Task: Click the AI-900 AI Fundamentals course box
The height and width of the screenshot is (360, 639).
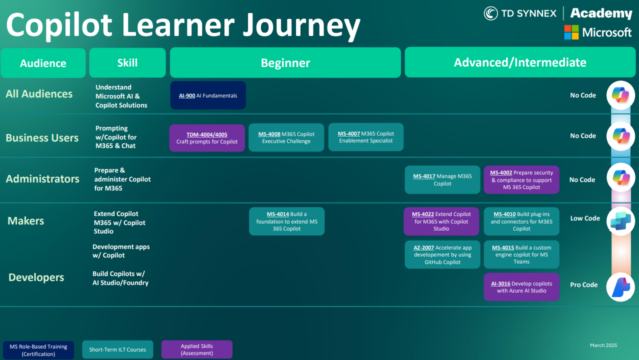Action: click(x=208, y=95)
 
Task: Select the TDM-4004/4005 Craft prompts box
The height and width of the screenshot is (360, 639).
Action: click(x=207, y=138)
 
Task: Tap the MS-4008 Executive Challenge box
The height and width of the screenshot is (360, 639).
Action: click(x=286, y=137)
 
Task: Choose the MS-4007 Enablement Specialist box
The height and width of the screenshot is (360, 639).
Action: click(x=365, y=137)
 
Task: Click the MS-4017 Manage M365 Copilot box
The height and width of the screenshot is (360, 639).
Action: click(x=442, y=179)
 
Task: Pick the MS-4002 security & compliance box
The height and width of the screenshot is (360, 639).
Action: click(x=521, y=179)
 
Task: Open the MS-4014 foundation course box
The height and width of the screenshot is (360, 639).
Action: click(x=286, y=221)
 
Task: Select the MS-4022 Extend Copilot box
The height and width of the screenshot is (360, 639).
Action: click(x=441, y=221)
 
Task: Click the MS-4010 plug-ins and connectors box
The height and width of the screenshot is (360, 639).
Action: click(x=521, y=221)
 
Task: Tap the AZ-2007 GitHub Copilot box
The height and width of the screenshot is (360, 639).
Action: click(x=442, y=254)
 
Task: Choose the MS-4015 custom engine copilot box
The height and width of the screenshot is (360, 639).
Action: click(x=521, y=254)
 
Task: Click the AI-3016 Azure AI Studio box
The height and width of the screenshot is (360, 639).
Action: click(x=521, y=287)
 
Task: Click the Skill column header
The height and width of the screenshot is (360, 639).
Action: click(x=127, y=63)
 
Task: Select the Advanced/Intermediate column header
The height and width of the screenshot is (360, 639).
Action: click(x=520, y=62)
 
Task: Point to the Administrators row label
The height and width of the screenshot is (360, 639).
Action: click(x=42, y=179)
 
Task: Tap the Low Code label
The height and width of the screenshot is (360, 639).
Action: click(x=585, y=218)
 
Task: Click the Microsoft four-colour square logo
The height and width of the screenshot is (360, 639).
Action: click(x=571, y=32)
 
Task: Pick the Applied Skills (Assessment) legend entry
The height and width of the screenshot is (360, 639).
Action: click(x=197, y=349)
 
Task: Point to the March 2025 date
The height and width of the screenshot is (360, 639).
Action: click(x=603, y=345)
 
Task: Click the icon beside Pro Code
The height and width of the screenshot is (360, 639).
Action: click(x=620, y=287)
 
